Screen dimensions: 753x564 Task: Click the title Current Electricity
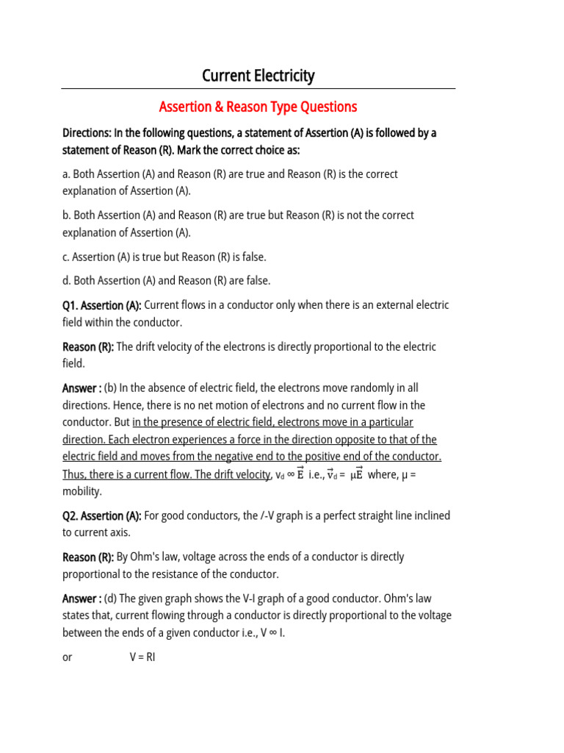(x=258, y=76)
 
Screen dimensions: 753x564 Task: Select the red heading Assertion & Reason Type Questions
(x=258, y=107)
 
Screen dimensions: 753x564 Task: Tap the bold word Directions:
(x=86, y=133)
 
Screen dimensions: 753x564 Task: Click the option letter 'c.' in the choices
(x=66, y=257)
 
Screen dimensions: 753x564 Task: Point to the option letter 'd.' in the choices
(x=67, y=280)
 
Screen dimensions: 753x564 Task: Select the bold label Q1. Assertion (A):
(x=101, y=305)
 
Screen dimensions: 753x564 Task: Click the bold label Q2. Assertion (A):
(x=101, y=516)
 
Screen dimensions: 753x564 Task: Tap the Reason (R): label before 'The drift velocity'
(x=88, y=347)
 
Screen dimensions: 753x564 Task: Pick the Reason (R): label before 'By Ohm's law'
(x=88, y=557)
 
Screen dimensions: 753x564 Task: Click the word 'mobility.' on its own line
(x=82, y=491)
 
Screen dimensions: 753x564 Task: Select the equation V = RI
(x=142, y=657)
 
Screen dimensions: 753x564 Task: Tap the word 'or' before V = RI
(x=68, y=657)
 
